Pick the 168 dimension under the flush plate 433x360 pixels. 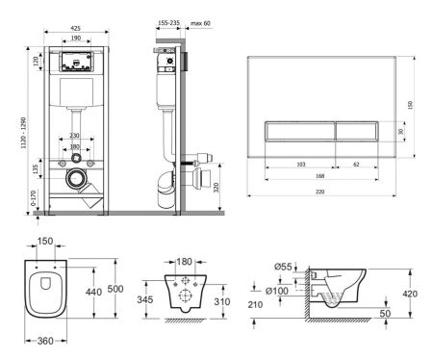[x=333, y=176]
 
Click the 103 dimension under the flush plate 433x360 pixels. [x=300, y=166]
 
